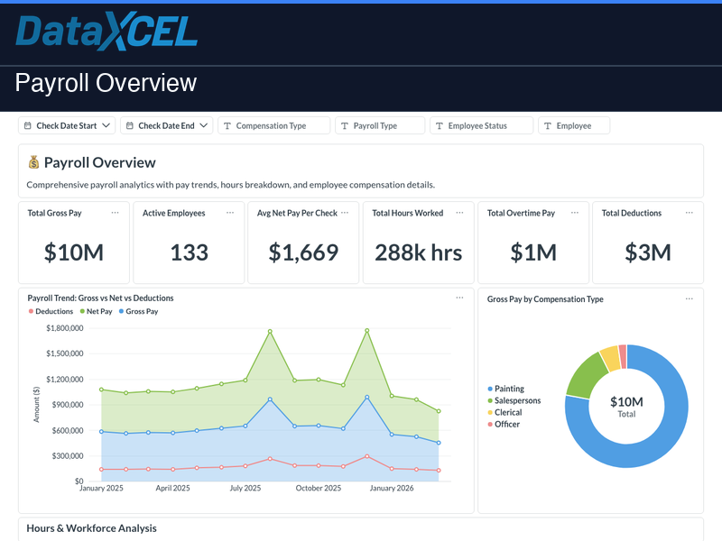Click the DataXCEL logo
point(106,32)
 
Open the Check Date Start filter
point(68,126)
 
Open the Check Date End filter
point(167,126)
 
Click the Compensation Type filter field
point(275,126)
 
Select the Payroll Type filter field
point(379,126)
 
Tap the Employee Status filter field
point(481,126)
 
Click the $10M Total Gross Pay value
point(74,252)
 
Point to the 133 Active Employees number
point(189,252)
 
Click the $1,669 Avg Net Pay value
point(303,252)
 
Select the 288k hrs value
point(418,252)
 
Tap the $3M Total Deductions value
point(648,252)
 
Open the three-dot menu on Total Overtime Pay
point(574,213)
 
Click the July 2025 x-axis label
point(245,488)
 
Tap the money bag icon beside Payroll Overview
point(34,162)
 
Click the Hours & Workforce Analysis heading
point(91,528)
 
